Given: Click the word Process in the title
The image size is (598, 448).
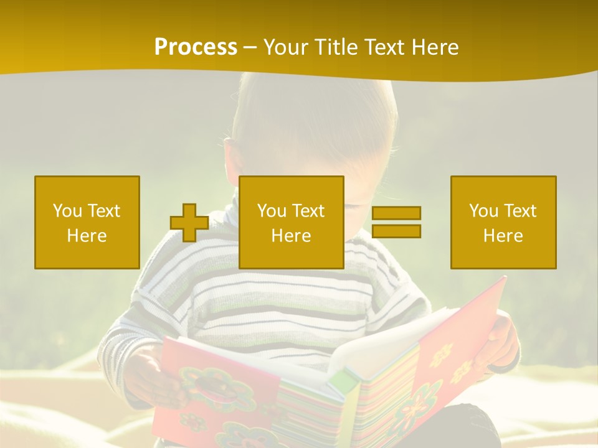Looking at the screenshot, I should point(196,47).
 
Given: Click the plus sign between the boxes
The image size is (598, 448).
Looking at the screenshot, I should point(189,223).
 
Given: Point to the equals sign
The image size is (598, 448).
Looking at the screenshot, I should point(396,222).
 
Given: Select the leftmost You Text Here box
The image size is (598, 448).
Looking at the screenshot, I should point(87,222).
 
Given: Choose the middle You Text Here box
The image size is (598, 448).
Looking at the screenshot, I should point(292,222).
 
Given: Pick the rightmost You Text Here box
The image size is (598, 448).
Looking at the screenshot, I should point(503,222).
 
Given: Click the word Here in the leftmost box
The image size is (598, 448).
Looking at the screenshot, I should point(87,236).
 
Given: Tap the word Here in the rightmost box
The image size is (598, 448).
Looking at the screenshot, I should point(503,236).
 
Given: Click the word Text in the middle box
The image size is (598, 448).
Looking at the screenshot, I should point(308,211).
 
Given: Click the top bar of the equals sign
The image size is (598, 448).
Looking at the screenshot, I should point(396,213).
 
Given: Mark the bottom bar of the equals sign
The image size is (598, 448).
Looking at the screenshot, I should point(396,231).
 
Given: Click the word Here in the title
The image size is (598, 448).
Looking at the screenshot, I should point(435,47).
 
